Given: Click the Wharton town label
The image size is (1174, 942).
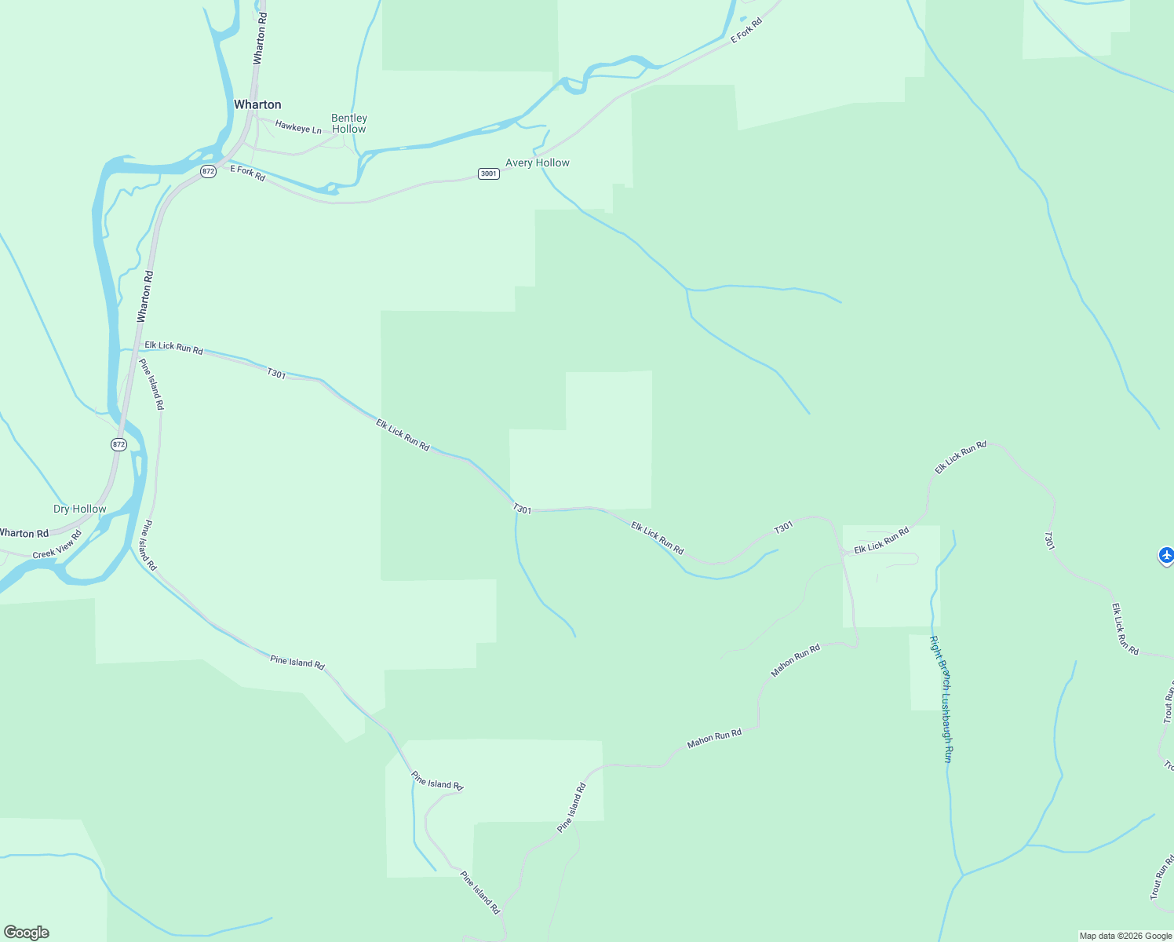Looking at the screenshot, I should tap(257, 104).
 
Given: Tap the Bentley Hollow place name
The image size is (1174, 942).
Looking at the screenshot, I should tap(349, 123).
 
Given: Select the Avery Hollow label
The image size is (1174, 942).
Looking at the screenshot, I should tap(537, 162).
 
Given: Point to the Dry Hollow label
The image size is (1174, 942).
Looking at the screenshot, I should tap(80, 509).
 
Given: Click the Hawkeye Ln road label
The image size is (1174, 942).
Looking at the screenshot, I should tap(298, 126).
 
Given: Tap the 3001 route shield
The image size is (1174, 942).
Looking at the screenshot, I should tap(488, 173).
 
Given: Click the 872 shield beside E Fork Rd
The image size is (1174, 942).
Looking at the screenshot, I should tap(208, 171).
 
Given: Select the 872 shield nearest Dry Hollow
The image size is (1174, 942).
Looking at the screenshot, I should tap(118, 444).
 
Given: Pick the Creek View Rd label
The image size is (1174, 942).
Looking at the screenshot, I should tap(57, 545).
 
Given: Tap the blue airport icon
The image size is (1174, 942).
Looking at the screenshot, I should tap(1166, 555).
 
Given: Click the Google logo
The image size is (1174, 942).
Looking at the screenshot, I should tap(26, 932).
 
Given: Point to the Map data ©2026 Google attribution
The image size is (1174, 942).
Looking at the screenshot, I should tap(1125, 936).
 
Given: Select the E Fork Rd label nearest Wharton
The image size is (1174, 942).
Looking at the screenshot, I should tap(248, 173).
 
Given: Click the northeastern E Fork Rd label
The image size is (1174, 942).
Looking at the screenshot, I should tap(746, 31).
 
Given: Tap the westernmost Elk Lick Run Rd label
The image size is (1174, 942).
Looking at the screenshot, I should tap(173, 347).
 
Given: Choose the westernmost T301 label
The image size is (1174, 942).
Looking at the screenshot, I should tap(276, 374).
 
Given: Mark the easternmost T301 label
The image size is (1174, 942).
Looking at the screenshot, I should tap(1048, 540).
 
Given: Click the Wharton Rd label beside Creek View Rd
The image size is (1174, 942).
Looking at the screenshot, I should tap(24, 533).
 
